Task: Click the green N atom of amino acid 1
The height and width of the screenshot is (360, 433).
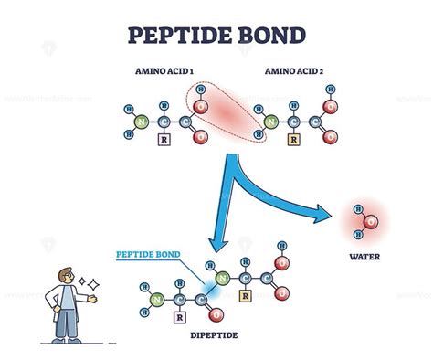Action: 139,120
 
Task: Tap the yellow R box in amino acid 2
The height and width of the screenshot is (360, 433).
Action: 294,142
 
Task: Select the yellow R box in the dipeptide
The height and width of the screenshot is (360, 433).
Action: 245,295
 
